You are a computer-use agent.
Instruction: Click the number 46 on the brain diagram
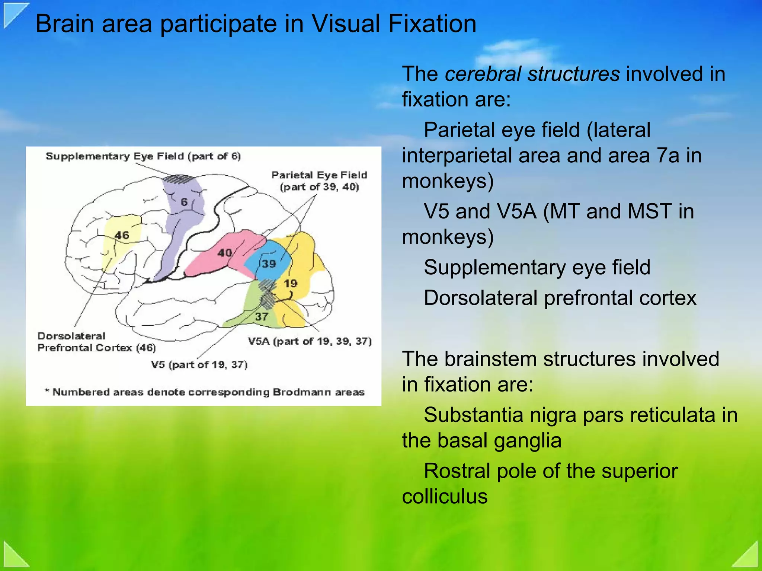tap(122, 235)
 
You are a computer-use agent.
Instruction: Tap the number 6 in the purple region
tap(184, 202)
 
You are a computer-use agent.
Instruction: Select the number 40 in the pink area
tap(225, 253)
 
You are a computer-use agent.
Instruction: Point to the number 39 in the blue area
tap(269, 264)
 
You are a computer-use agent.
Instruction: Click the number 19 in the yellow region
tap(291, 283)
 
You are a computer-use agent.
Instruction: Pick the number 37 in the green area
tap(262, 317)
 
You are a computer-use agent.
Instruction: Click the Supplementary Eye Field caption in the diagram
tap(143, 156)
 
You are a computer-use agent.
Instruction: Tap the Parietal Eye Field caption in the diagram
tap(319, 181)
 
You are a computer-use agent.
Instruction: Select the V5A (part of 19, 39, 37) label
tap(310, 341)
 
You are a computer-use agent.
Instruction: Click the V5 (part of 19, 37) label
tap(199, 364)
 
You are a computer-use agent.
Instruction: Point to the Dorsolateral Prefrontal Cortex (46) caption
tap(96, 342)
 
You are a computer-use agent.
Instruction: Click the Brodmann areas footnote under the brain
tap(204, 392)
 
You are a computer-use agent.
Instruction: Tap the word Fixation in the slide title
tap(432, 24)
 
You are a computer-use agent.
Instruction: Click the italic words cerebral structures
tap(532, 74)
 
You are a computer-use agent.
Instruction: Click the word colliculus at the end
tap(445, 496)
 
